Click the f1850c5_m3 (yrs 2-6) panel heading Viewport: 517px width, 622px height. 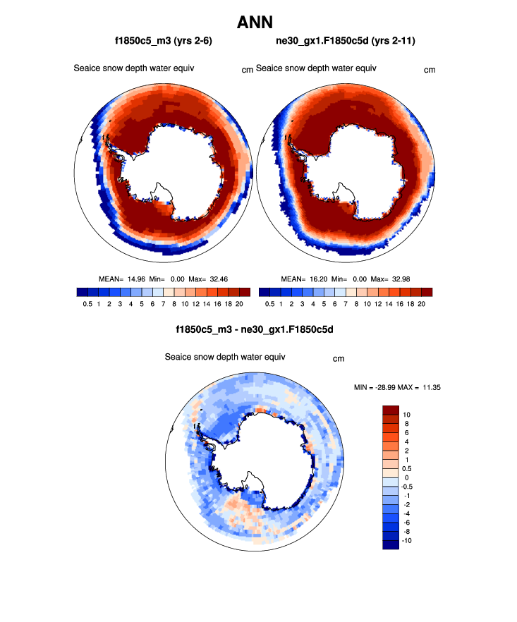click(x=164, y=42)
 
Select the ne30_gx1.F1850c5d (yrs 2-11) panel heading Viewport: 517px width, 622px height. click(x=346, y=42)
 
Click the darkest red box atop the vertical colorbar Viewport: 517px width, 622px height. click(x=391, y=410)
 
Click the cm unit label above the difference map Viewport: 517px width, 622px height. click(x=339, y=359)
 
